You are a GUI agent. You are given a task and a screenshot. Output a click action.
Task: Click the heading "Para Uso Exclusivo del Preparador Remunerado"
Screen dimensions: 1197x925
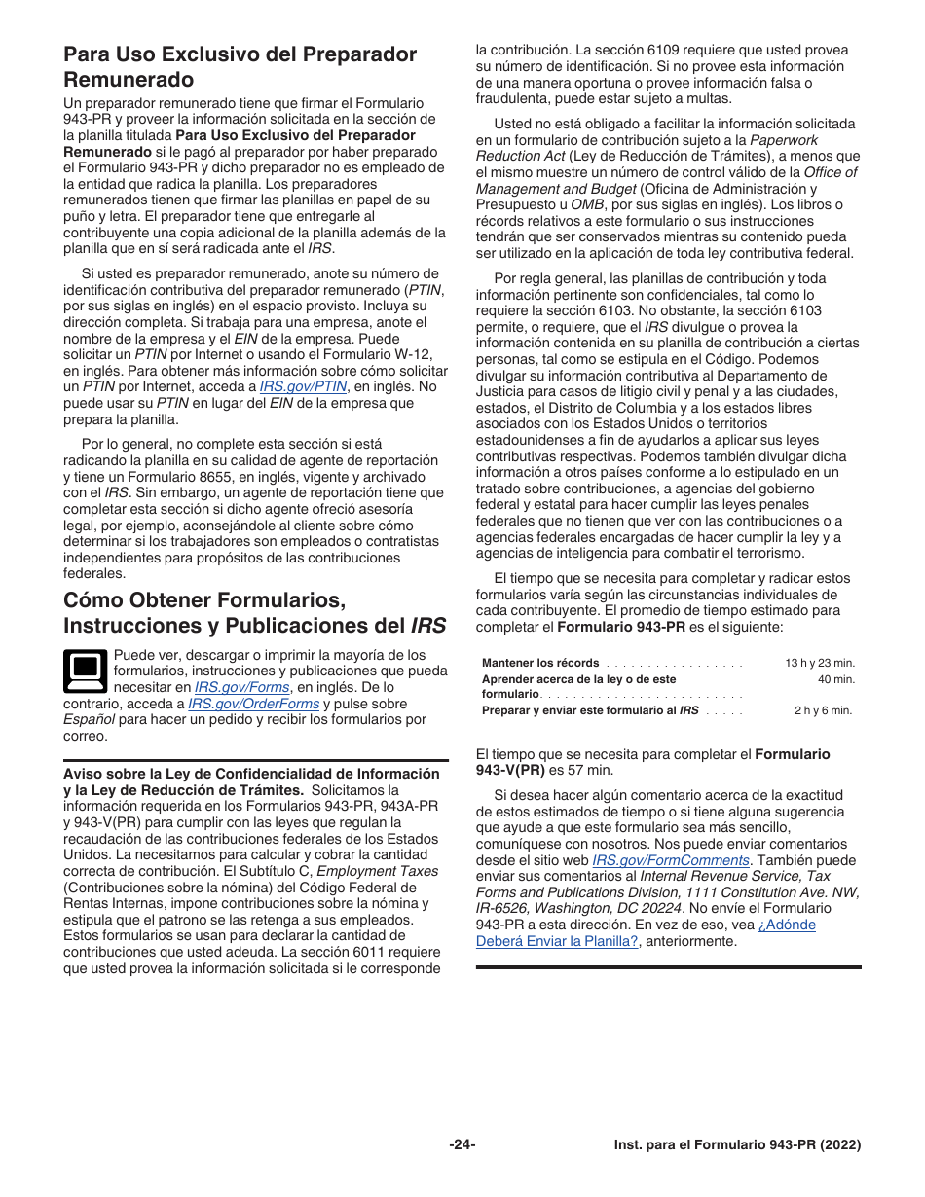(240, 66)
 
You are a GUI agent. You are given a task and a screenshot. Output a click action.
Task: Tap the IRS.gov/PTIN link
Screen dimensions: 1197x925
(303, 386)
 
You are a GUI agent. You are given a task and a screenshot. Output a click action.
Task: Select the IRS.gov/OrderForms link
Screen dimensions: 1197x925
(253, 705)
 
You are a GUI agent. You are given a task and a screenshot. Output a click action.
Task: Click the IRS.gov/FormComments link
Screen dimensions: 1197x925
(671, 861)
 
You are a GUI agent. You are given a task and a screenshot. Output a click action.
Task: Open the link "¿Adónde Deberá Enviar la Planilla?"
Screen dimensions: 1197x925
(646, 933)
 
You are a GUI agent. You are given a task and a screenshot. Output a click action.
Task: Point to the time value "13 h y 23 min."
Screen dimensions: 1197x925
(820, 664)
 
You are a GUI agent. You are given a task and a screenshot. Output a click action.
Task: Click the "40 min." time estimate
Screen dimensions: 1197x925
(835, 680)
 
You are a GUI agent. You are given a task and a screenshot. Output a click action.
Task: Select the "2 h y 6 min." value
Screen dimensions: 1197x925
(823, 711)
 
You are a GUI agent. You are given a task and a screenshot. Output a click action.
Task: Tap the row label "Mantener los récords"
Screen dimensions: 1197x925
(540, 664)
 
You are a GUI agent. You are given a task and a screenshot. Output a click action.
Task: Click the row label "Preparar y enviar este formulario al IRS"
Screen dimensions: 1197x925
(590, 711)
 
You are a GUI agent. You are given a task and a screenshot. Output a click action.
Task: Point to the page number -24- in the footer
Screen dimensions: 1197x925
(462, 1146)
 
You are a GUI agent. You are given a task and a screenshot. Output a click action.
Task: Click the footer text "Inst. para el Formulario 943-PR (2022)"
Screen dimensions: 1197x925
(737, 1146)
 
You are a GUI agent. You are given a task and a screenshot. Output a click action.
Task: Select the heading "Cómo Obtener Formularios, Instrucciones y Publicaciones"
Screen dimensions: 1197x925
(255, 611)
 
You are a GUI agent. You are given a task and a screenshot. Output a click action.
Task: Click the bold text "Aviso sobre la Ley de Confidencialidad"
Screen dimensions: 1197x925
(251, 775)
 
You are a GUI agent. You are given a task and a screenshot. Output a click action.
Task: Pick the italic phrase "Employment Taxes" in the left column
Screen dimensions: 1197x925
(378, 872)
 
